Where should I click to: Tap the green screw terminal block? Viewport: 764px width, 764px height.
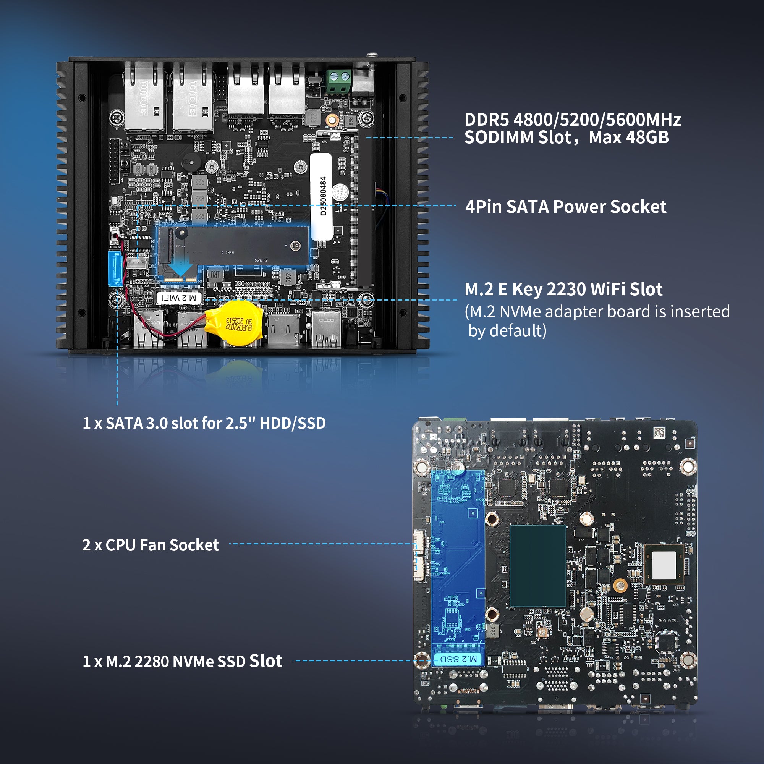tap(338, 81)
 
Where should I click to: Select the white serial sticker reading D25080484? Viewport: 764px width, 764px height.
tap(321, 196)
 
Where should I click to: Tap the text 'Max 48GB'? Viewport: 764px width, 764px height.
tap(628, 138)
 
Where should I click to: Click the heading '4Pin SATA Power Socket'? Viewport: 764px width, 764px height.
tap(565, 207)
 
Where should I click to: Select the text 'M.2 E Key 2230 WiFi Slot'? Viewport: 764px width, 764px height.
tap(563, 289)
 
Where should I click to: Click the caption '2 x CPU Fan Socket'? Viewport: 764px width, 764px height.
tap(150, 545)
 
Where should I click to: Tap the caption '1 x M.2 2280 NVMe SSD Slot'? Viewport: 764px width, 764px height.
tap(182, 661)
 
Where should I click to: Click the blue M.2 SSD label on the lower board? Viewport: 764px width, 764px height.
tap(458, 659)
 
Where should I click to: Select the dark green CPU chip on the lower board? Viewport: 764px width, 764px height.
tap(537, 566)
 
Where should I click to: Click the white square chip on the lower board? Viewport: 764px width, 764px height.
tap(664, 565)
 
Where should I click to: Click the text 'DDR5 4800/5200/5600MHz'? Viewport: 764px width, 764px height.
tap(572, 120)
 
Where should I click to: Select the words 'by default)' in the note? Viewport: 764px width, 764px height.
tap(507, 330)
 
